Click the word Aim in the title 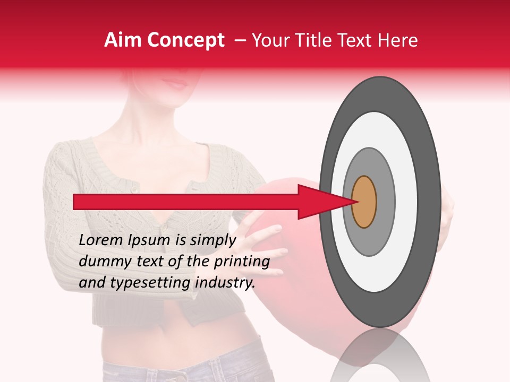pos(123,40)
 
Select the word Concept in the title pos(185,40)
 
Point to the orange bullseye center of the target pos(364,202)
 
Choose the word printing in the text pos(242,262)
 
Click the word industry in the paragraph pos(223,283)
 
